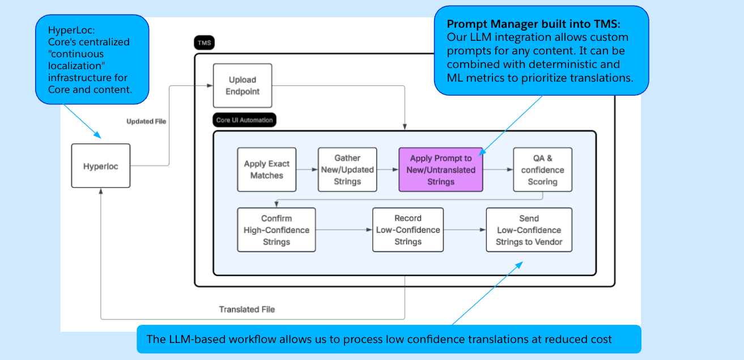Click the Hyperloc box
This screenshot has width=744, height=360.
point(101,166)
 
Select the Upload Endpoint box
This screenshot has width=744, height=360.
point(243,86)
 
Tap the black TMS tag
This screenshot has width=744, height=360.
point(204,43)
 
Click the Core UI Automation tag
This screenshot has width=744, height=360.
point(244,120)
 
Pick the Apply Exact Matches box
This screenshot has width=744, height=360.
point(267,170)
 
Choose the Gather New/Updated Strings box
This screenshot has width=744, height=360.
point(347,170)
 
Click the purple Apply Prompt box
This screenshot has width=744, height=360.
point(441,170)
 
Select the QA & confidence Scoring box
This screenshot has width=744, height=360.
point(543,170)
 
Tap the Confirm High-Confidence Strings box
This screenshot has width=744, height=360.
point(277,230)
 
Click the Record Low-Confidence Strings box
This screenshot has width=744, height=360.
point(408,230)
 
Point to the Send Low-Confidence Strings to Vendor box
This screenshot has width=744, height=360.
point(529,230)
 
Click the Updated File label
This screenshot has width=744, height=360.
point(146,121)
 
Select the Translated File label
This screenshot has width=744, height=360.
point(247,310)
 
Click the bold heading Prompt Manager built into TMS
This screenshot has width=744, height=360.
point(533,24)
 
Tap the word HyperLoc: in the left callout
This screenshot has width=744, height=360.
point(71,30)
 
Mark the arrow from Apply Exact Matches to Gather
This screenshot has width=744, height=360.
point(307,170)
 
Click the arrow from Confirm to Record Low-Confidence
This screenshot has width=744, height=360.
point(344,230)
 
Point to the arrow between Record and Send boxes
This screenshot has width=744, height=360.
point(465,230)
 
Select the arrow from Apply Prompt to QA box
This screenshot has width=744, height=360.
point(498,170)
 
